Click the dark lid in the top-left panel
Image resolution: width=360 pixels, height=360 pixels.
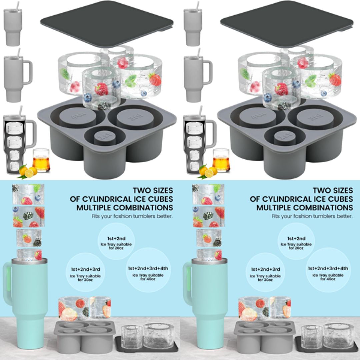(x=107, y=23)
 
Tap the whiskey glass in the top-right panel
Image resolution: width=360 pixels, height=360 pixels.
(x=221, y=160)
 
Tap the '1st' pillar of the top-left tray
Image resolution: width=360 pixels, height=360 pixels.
(x=104, y=137)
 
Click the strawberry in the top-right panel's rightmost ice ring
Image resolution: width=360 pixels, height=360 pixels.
(x=335, y=80)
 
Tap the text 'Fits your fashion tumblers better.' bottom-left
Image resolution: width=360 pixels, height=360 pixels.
(x=132, y=216)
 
